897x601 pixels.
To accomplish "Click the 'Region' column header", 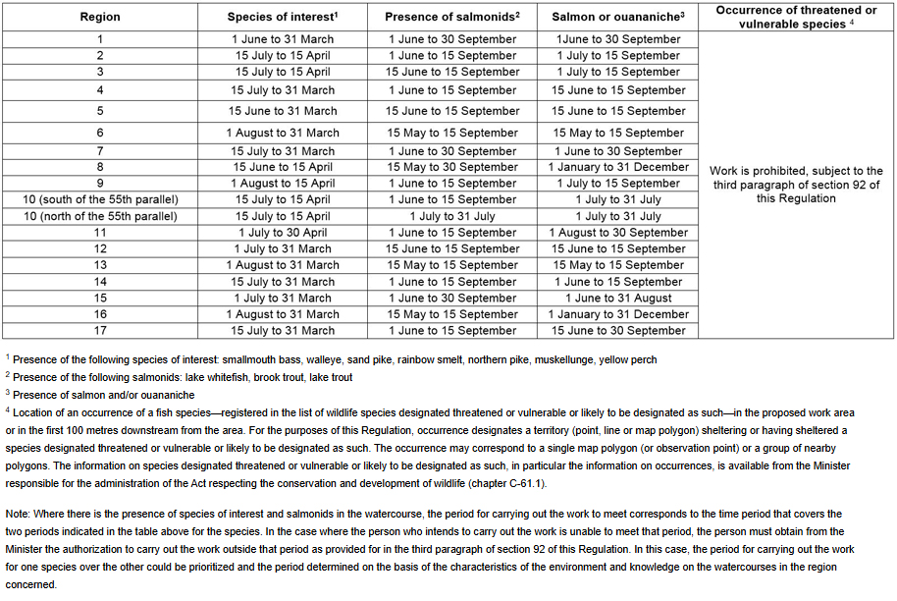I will (99, 17).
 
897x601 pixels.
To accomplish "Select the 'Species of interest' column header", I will (283, 17).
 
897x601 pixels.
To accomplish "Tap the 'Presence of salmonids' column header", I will (452, 17).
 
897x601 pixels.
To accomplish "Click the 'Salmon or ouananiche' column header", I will (618, 17).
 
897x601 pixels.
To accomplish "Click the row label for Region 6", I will (99, 133).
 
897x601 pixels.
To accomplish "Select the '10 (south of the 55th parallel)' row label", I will (99, 199).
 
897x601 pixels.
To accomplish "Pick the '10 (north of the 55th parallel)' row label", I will (99, 216).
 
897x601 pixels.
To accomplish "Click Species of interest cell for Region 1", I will (283, 39).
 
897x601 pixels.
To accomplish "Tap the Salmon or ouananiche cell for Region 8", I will (618, 167).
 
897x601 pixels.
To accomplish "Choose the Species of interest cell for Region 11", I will (283, 233).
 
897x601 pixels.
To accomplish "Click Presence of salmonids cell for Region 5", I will (452, 111).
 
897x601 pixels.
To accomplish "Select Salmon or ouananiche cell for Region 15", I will (618, 298).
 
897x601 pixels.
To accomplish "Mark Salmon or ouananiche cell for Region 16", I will (618, 314).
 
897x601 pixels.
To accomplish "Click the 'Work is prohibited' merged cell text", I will (796, 185).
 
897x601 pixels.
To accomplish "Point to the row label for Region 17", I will (99, 331).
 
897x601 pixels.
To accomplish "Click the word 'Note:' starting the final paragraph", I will (18, 514).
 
